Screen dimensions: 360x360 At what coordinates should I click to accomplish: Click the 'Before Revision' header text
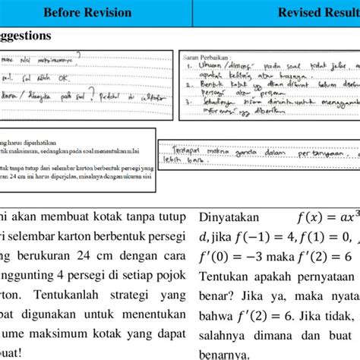coord(87,12)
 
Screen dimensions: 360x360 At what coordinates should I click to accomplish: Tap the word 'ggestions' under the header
coord(26,36)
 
